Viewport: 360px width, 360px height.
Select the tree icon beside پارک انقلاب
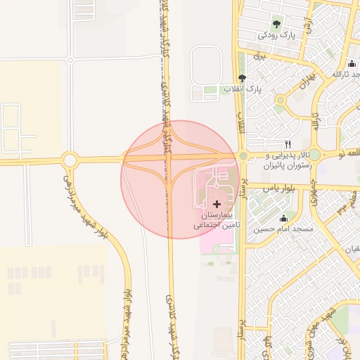click(242, 78)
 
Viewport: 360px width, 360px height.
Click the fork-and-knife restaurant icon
click(287, 144)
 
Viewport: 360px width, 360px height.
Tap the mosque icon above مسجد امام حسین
click(283, 218)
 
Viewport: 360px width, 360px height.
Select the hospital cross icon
click(217, 203)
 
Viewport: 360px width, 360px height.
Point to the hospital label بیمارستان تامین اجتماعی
click(217, 219)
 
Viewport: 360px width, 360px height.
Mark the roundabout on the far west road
click(70, 160)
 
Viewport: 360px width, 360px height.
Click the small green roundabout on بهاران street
click(280, 108)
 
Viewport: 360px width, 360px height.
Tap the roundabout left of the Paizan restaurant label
click(243, 156)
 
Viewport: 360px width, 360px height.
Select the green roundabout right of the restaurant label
click(314, 154)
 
